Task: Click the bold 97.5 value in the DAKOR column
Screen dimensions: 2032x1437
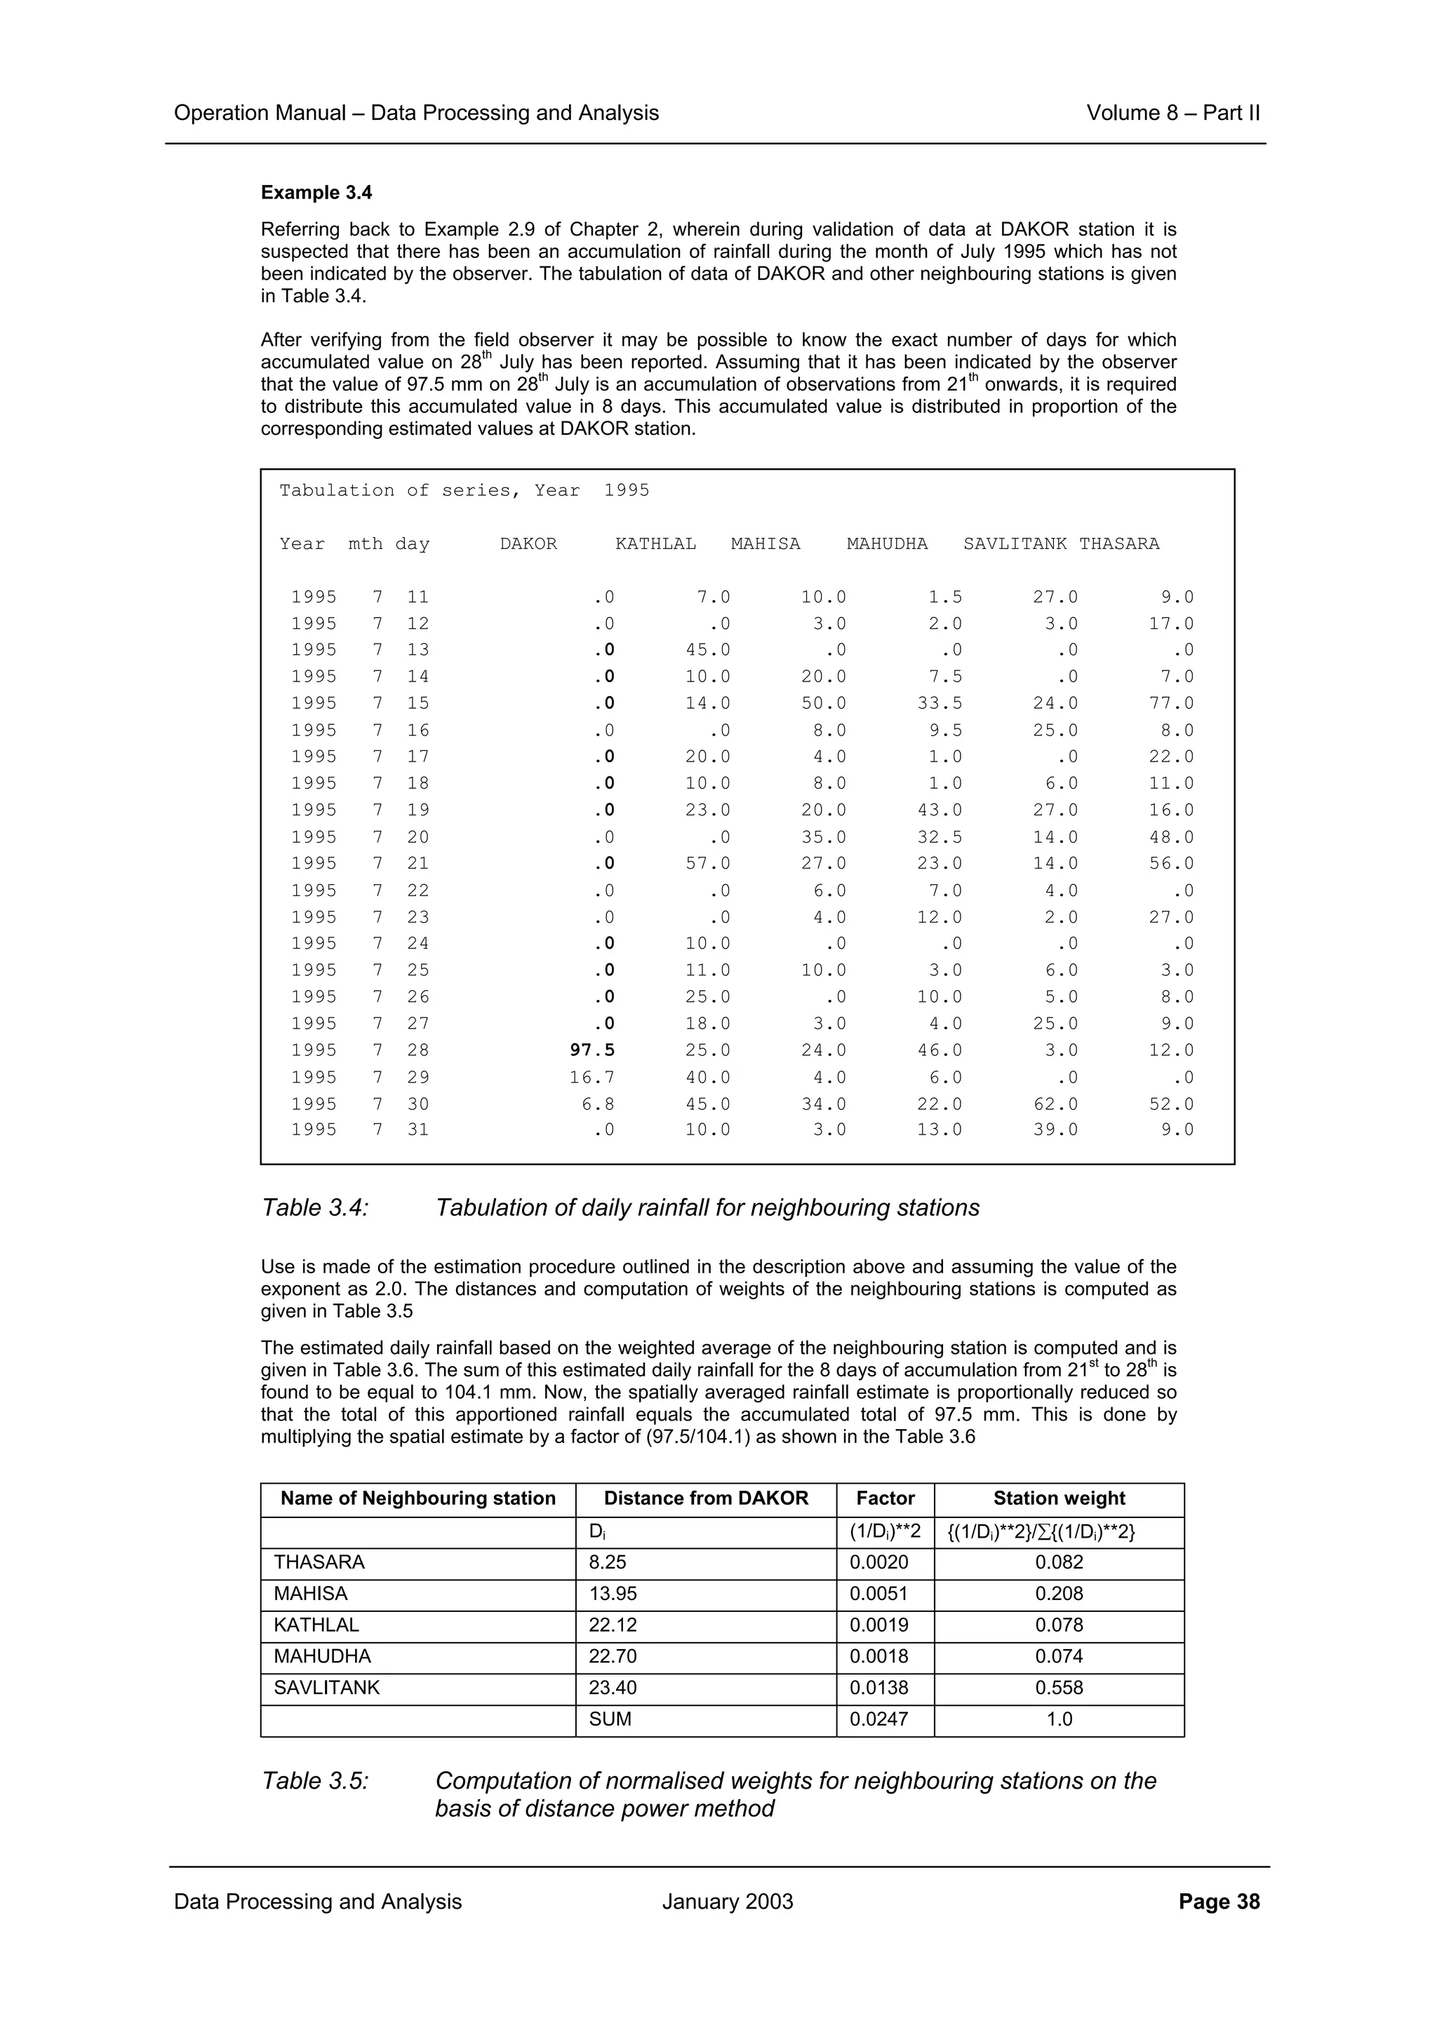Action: click(x=592, y=1050)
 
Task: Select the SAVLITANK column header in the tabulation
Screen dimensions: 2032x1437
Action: click(x=1015, y=544)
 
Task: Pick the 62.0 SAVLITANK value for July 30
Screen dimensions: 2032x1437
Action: click(x=1055, y=1104)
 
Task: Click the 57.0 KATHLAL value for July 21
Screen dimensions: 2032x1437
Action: click(x=707, y=863)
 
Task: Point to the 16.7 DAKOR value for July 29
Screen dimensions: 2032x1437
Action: click(x=592, y=1077)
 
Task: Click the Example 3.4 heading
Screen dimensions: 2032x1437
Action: click(x=316, y=193)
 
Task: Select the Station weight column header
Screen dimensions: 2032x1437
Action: click(x=1058, y=1498)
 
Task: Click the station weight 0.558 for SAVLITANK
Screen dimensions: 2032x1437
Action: click(x=1059, y=1688)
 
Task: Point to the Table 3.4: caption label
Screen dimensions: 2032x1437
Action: click(x=314, y=1208)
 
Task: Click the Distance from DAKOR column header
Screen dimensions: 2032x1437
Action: click(x=706, y=1498)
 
